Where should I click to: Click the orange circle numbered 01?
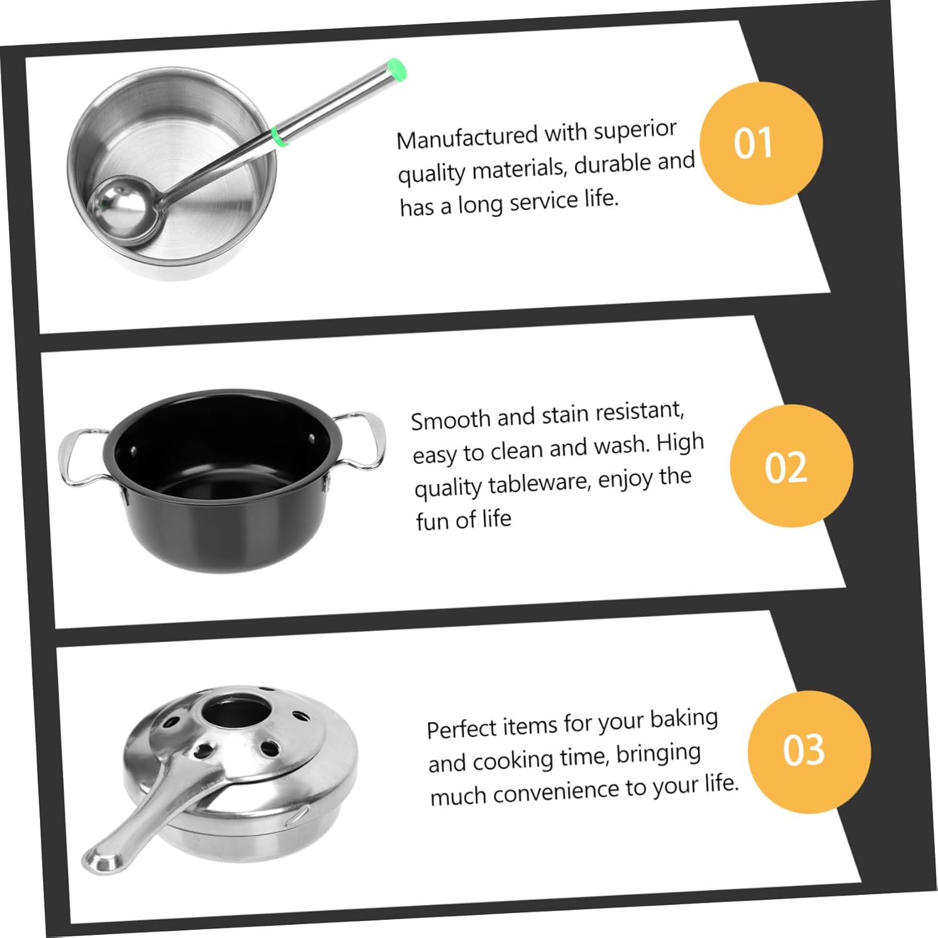760,143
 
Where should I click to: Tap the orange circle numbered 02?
790,466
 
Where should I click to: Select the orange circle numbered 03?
809,751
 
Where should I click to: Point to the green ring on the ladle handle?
280,136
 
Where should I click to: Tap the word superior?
635,129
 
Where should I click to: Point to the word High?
680,443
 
